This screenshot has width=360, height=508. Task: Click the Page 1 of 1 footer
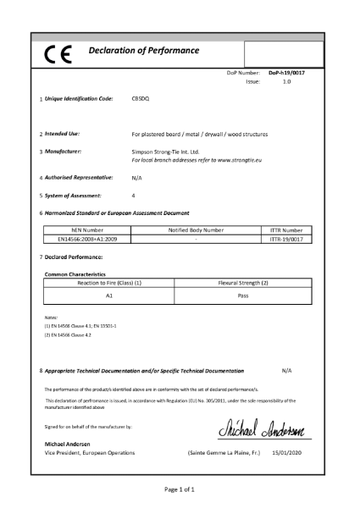[180, 489]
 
